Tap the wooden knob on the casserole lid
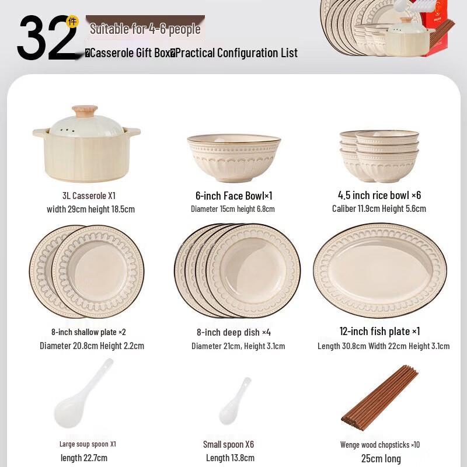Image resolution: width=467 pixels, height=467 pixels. point(85,111)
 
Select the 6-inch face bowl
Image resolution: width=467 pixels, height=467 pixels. point(233,156)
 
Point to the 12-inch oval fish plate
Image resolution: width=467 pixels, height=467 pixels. point(380,270)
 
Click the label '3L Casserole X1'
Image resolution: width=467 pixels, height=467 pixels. point(89,196)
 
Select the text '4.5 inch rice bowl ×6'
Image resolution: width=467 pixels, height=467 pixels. point(379,195)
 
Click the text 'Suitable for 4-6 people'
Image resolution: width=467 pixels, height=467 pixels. point(145,29)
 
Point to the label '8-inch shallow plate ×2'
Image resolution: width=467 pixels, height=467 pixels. point(89,332)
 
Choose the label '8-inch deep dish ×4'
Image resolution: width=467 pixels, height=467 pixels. point(233,332)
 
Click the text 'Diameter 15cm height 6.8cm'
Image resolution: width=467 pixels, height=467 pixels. point(232,209)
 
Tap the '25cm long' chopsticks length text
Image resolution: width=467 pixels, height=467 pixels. point(381,458)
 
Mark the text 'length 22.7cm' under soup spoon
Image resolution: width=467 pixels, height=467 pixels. point(84,458)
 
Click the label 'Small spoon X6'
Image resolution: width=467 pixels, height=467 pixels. point(229,444)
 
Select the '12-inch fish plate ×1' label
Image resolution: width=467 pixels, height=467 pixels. point(379,331)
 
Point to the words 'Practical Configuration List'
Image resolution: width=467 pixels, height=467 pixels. point(236,53)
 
